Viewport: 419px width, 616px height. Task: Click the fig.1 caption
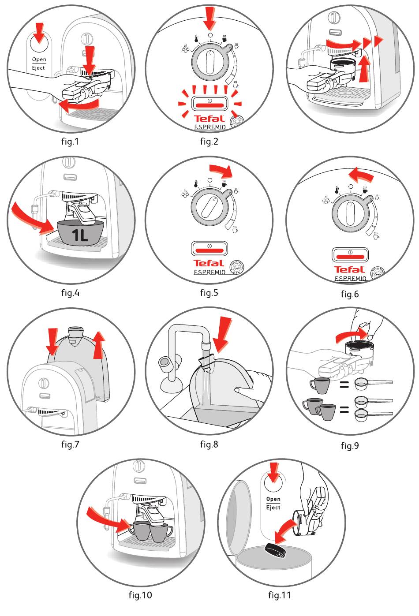point(70,142)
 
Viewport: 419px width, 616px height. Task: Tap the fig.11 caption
point(280,595)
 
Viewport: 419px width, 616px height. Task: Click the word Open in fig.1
point(39,60)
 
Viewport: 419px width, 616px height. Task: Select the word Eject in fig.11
point(273,508)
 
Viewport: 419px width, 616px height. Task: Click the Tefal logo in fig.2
point(209,118)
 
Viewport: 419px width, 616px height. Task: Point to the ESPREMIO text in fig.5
point(209,272)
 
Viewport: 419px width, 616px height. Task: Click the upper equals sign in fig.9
point(344,385)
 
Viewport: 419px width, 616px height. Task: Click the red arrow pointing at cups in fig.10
point(108,519)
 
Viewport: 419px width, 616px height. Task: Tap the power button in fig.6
point(350,256)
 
